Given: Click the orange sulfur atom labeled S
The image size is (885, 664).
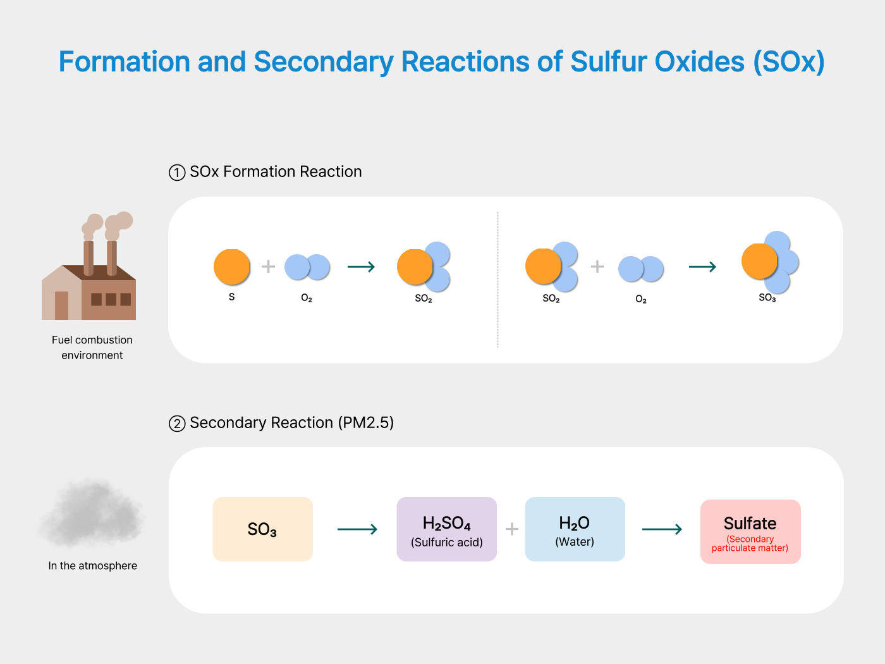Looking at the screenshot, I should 232,267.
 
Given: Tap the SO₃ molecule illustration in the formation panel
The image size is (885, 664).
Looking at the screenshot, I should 769,262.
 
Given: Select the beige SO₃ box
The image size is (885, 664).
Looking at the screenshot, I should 263,529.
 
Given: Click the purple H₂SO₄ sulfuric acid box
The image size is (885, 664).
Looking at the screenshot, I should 447,529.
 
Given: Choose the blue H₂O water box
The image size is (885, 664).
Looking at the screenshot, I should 575,529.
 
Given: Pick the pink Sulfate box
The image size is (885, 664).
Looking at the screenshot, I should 750,531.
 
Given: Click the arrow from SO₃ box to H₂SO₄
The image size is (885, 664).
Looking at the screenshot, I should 357,529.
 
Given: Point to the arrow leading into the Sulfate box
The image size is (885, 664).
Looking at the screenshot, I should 662,529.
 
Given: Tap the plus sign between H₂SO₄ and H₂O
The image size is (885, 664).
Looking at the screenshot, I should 512,529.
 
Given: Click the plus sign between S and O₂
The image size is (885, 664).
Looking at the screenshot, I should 268,267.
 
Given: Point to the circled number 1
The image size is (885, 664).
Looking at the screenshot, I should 177,173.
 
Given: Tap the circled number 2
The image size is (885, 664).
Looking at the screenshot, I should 177,424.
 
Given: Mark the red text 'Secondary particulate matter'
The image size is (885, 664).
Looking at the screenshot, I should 750,544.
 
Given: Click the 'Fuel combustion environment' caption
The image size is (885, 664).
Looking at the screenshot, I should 92,348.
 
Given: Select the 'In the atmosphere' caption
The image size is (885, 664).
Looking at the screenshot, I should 93,566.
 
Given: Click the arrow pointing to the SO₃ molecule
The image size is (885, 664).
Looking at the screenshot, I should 702,267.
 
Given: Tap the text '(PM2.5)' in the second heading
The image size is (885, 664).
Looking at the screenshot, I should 365,423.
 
